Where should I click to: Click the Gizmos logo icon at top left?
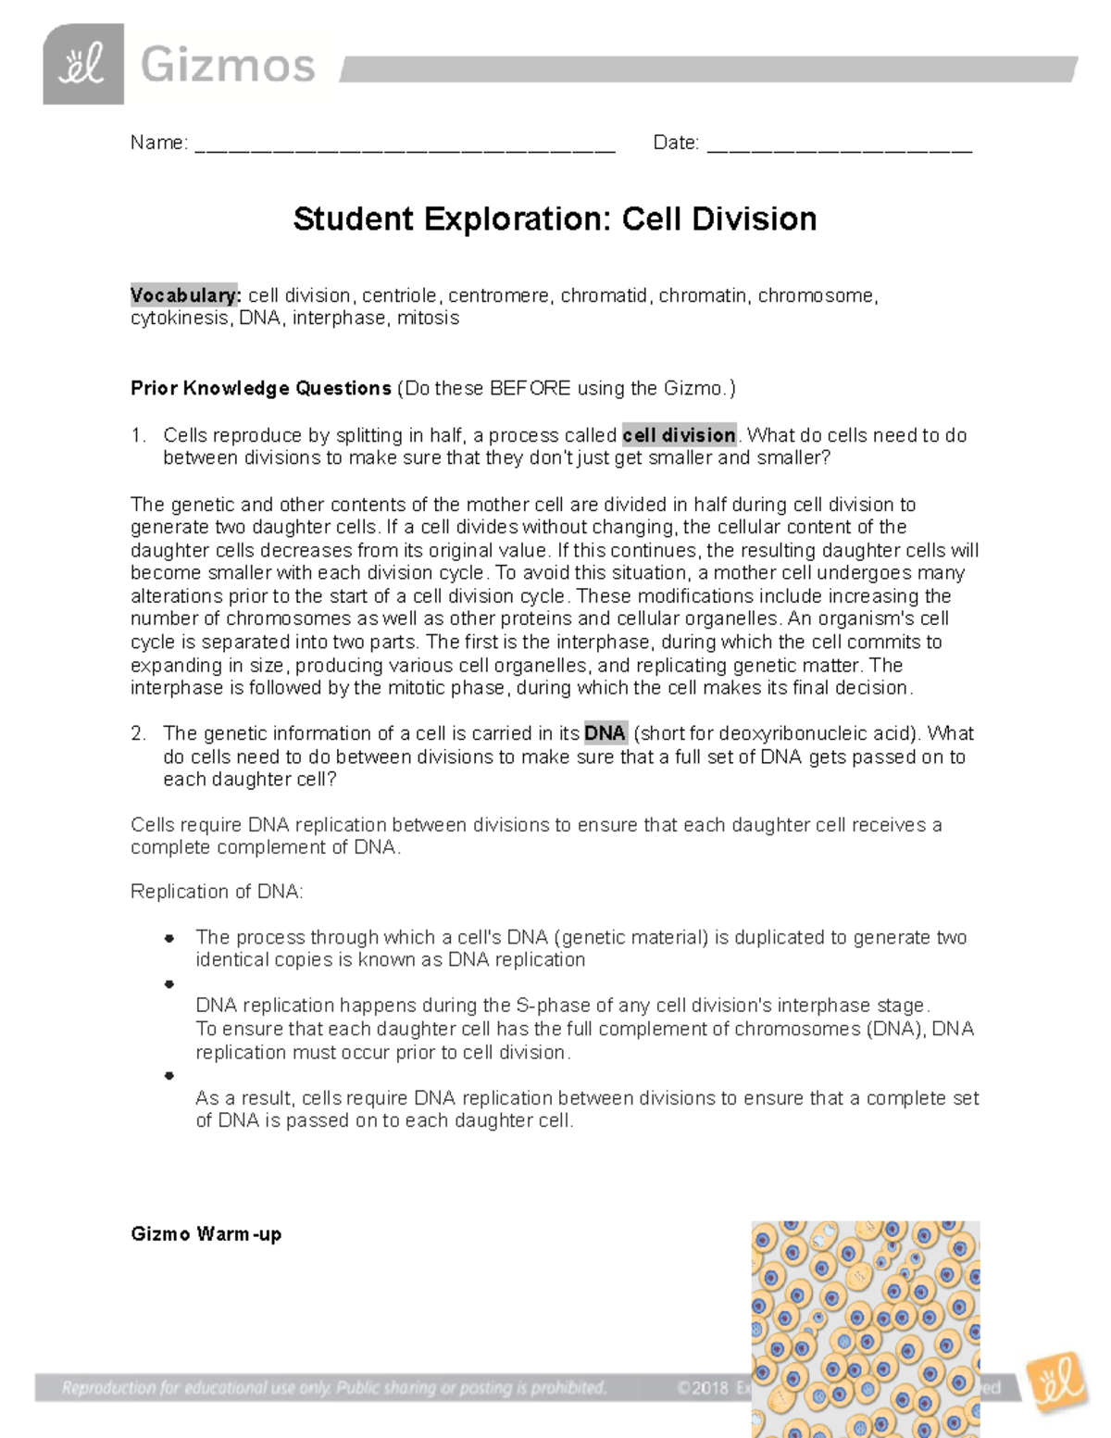[82, 65]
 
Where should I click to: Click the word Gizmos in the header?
[228, 67]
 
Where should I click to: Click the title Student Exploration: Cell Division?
[555, 219]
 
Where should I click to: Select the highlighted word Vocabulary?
[185, 295]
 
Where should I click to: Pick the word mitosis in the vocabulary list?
[428, 319]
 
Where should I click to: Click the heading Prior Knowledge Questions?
[261, 388]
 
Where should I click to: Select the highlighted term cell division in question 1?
[680, 435]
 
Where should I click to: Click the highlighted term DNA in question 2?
[605, 733]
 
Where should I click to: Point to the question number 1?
[138, 435]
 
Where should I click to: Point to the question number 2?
[138, 733]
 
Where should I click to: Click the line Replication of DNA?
[217, 892]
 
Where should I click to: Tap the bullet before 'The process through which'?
[169, 938]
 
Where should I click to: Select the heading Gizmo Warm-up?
[206, 1234]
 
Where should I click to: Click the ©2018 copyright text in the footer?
[704, 1388]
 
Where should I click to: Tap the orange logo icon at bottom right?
[1057, 1383]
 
